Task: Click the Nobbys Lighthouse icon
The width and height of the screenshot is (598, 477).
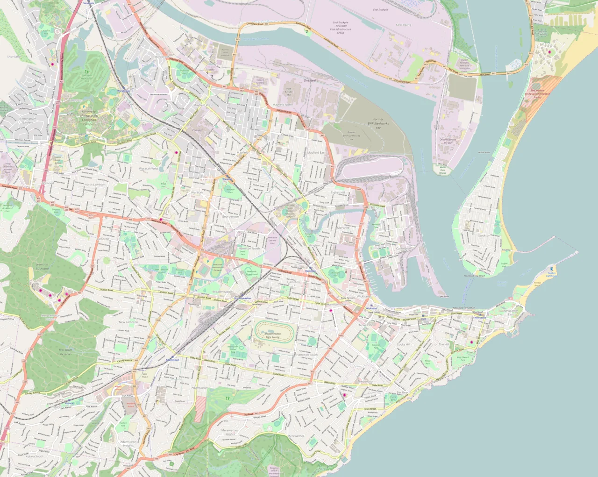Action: tap(552, 269)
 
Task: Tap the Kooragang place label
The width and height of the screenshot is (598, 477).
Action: tap(404, 25)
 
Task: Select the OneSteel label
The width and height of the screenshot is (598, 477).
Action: tap(310, 80)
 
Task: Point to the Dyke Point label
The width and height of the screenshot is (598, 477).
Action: tap(443, 296)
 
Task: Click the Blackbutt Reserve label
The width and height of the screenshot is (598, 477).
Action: tap(66, 352)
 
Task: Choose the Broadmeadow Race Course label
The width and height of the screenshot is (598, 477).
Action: tap(273, 335)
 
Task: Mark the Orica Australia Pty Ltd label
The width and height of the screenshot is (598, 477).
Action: tap(448, 141)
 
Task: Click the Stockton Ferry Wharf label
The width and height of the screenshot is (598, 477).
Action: tap(475, 276)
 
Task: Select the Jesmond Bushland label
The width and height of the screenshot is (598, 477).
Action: tap(42, 266)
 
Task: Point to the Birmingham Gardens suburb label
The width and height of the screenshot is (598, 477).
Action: tap(28, 121)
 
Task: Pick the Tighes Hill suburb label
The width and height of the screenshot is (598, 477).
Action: tap(337, 192)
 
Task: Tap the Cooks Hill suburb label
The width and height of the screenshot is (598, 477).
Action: tap(404, 344)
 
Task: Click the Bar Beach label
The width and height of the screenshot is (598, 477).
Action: tap(403, 392)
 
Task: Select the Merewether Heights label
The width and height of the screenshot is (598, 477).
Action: tap(229, 432)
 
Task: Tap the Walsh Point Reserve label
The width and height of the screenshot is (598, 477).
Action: tap(442, 170)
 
